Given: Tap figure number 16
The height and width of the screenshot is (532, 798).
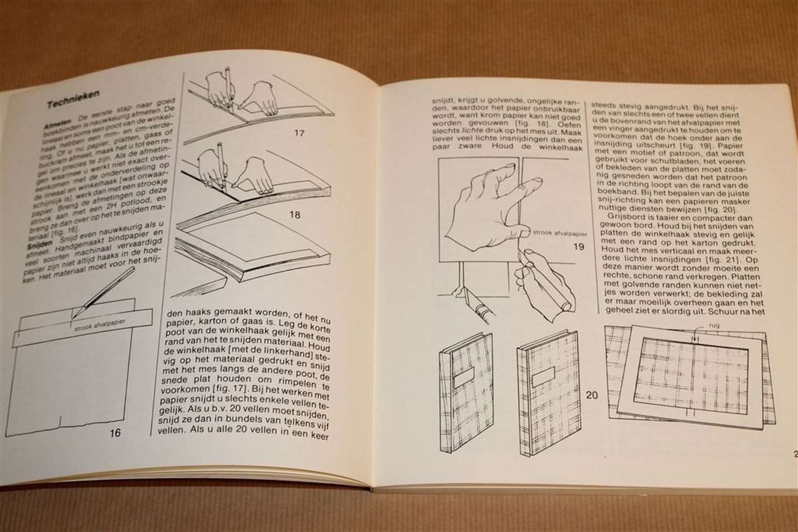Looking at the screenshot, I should click(114, 432).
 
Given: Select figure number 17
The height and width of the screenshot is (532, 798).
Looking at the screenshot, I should click(299, 132).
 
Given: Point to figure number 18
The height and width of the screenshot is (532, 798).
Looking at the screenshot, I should click(296, 214).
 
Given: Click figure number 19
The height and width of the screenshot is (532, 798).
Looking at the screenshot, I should click(578, 247).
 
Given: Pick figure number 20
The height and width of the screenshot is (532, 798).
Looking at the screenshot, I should click(592, 395).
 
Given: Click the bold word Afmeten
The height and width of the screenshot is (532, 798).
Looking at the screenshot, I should click(58, 126).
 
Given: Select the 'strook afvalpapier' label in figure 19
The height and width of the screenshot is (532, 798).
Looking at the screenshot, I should click(559, 234).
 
